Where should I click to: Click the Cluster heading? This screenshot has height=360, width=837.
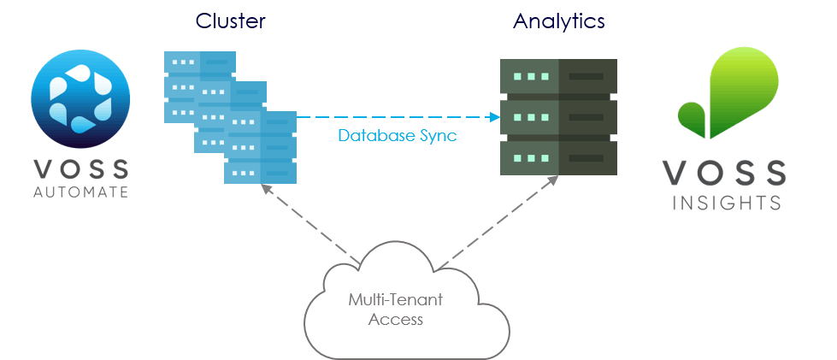click(x=230, y=21)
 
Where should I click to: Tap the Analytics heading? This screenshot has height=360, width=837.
click(x=559, y=21)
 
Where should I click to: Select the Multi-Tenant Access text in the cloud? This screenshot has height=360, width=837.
click(x=384, y=310)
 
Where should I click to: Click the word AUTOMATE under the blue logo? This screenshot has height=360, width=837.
click(x=81, y=192)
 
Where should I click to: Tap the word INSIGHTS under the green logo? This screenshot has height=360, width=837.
click(x=725, y=203)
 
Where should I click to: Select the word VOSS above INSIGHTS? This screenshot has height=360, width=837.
click(x=725, y=174)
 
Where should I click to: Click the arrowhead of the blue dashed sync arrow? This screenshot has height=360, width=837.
click(x=496, y=117)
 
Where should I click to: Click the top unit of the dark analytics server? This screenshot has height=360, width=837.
click(x=559, y=76)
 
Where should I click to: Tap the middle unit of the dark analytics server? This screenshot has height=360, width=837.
click(x=559, y=117)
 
